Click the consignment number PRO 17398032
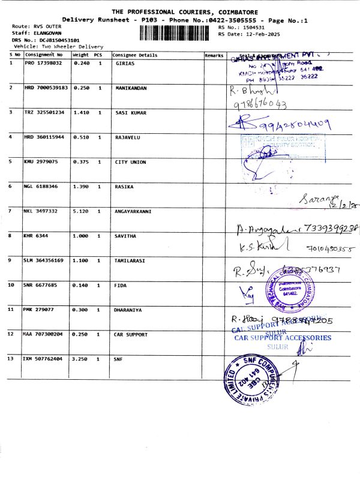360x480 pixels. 43,62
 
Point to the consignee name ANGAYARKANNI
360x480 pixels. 133,211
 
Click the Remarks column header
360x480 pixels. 214,55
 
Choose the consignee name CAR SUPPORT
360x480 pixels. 131,334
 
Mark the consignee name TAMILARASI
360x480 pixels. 131,260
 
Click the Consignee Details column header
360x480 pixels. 135,55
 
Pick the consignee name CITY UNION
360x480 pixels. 130,162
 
